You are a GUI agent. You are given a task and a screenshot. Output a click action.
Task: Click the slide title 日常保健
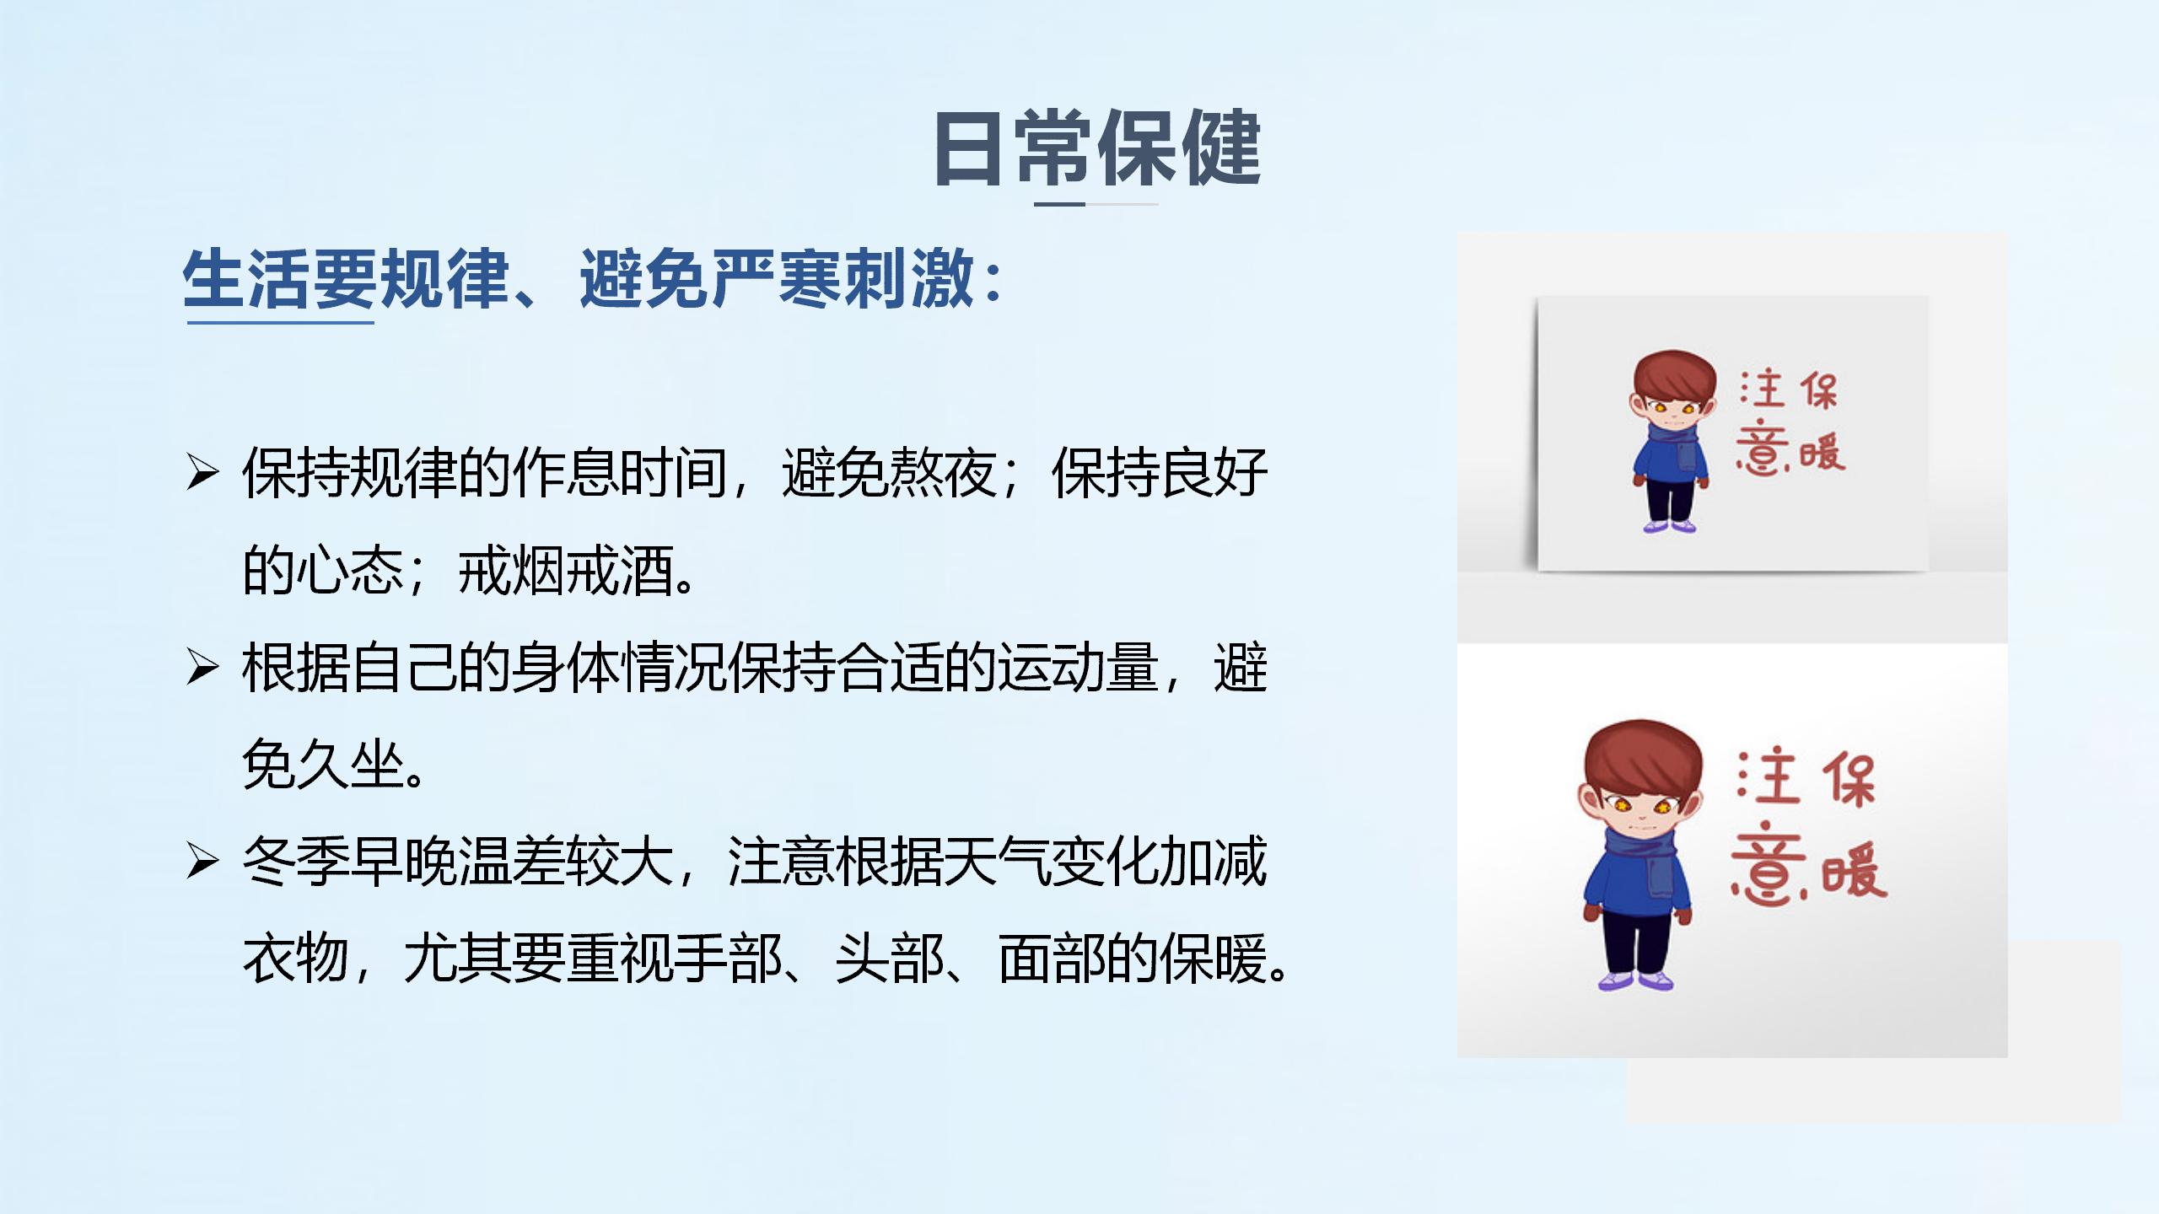[x=1097, y=148]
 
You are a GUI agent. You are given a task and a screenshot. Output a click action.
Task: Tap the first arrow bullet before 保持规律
[x=202, y=472]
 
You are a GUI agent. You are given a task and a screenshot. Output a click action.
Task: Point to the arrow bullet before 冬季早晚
[x=202, y=861]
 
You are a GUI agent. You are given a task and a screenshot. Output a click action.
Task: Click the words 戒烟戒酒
[x=566, y=571]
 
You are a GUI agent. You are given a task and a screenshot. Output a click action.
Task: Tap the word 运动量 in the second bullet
[x=1079, y=668]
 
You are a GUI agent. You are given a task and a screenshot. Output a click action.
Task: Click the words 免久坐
[x=323, y=765]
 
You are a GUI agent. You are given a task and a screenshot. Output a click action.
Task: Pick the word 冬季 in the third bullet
[x=296, y=862]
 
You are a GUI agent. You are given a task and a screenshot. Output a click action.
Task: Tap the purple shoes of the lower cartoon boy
[x=1635, y=979]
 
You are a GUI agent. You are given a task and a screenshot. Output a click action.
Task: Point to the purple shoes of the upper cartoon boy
[x=1670, y=526]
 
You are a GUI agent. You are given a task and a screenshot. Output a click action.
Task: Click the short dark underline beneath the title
[x=1059, y=204]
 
